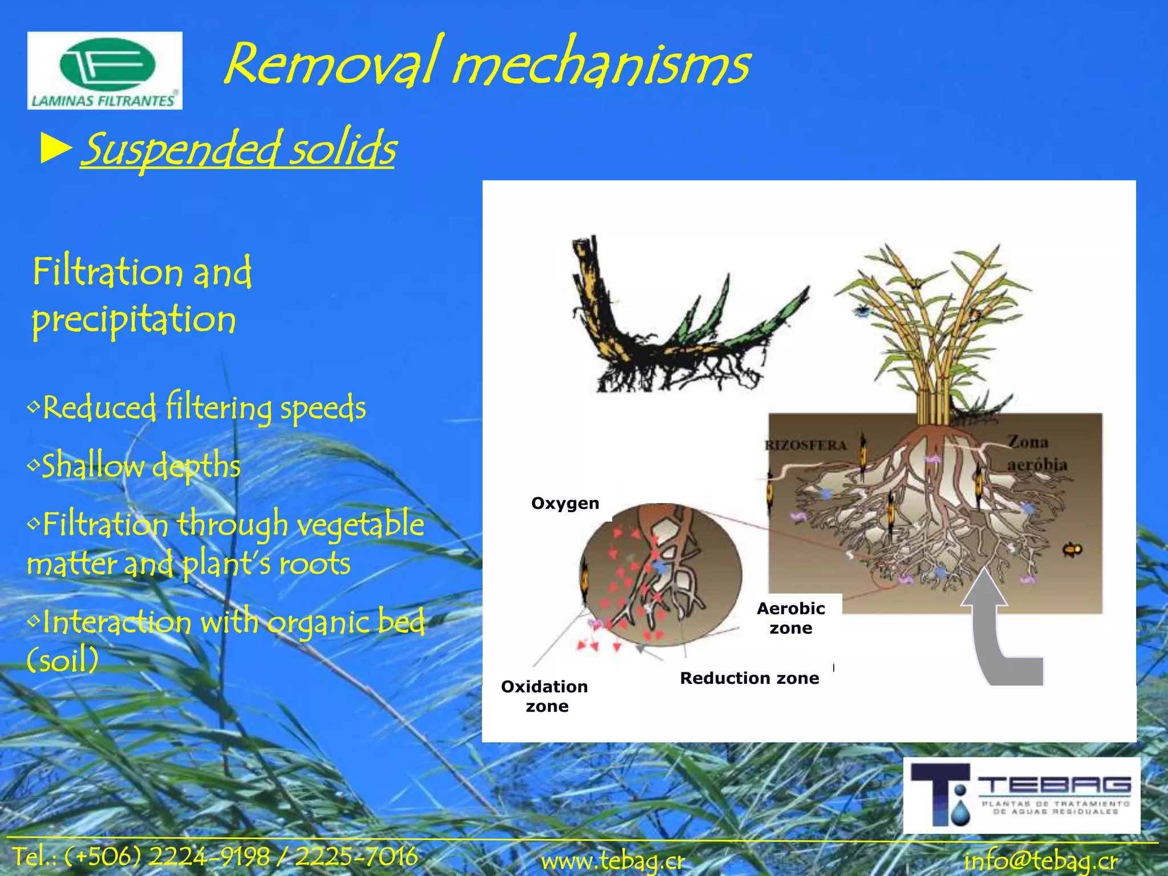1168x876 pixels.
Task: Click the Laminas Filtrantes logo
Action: (104, 71)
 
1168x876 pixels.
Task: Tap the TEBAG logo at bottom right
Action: (1021, 796)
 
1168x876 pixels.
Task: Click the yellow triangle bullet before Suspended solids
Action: (56, 149)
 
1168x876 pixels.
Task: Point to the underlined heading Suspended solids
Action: (238, 149)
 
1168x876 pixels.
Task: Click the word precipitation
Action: (134, 319)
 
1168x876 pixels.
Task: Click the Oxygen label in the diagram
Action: (565, 503)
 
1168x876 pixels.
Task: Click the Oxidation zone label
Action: (545, 696)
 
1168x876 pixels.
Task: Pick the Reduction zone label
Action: (749, 678)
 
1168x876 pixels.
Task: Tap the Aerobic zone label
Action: (790, 618)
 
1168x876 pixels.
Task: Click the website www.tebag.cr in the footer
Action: (613, 861)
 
